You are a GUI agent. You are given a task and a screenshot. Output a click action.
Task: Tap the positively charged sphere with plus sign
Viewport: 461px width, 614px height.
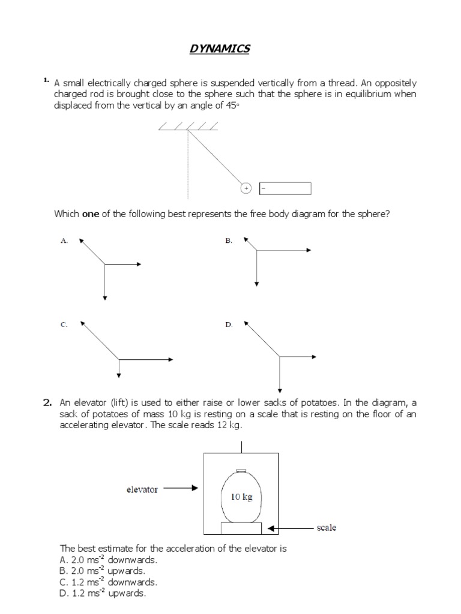pos(246,188)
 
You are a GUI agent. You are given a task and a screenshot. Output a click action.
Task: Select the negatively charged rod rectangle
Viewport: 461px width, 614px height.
pos(285,189)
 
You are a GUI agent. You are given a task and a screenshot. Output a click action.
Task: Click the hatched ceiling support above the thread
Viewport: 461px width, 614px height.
pos(188,127)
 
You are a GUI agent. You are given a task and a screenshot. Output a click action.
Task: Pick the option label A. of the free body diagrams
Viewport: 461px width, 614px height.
pos(64,240)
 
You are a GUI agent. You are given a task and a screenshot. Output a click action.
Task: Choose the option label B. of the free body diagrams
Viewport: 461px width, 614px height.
pos(229,240)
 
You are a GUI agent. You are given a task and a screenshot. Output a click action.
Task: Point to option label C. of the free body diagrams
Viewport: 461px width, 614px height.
pos(64,324)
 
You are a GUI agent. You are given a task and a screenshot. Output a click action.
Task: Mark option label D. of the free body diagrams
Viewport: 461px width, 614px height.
pos(229,324)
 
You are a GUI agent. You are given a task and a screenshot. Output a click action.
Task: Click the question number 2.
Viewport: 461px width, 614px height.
pos(47,403)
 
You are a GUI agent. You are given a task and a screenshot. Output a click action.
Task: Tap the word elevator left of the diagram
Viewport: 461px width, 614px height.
pos(142,489)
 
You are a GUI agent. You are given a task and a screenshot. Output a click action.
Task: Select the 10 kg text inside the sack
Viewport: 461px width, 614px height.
pos(241,496)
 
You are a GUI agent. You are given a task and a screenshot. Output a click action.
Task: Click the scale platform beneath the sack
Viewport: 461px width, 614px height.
pos(241,528)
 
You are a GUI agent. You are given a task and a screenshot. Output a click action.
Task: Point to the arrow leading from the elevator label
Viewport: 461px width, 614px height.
pos(180,488)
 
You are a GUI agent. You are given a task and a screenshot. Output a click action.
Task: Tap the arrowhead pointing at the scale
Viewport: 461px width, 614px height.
pos(271,528)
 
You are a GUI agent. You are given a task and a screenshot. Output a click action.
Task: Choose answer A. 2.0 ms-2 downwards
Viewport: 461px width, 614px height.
pos(108,560)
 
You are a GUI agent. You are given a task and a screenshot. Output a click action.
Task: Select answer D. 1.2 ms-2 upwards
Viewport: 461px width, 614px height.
pos(103,593)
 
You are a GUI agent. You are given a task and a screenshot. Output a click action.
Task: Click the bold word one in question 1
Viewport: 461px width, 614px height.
pos(90,214)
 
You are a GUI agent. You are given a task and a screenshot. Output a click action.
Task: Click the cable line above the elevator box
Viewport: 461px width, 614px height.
pos(241,446)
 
